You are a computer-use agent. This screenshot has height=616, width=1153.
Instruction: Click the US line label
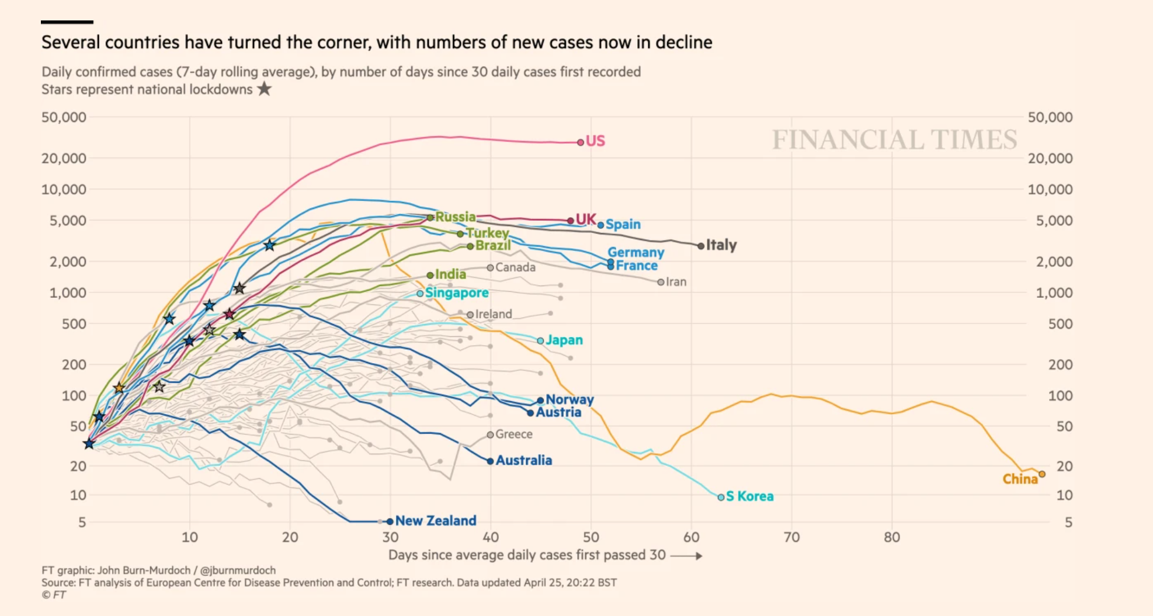pos(595,141)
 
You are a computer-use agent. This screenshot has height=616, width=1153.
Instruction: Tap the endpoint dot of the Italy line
pos(701,246)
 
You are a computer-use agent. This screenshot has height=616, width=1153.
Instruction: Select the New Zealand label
pos(436,521)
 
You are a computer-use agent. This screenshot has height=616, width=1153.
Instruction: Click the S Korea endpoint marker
pos(721,497)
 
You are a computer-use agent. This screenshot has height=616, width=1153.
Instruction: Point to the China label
pos(1020,479)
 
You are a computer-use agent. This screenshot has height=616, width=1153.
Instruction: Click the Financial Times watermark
pos(894,140)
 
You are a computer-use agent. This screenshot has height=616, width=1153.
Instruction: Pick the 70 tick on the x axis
pos(791,537)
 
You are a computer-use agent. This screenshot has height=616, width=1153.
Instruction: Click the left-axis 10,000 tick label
pos(64,189)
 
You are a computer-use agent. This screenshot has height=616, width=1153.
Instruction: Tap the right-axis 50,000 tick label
pos(1050,117)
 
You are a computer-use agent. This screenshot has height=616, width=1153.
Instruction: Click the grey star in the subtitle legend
pos(265,89)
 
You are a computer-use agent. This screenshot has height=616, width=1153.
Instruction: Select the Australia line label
pos(524,461)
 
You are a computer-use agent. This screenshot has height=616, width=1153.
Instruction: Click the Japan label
pos(564,340)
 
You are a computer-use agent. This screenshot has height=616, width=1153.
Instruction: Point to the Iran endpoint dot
pos(661,282)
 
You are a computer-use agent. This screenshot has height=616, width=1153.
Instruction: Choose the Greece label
pos(514,434)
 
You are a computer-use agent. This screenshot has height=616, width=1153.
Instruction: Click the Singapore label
pos(457,293)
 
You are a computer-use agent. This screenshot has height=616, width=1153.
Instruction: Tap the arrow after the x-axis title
pos(686,556)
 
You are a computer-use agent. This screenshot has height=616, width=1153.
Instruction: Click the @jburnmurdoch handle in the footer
pos(238,570)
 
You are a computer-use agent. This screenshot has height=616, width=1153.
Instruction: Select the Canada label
pos(515,267)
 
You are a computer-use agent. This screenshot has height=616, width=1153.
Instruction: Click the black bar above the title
pos(67,22)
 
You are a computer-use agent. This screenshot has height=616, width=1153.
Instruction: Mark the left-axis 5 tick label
pos(82,523)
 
